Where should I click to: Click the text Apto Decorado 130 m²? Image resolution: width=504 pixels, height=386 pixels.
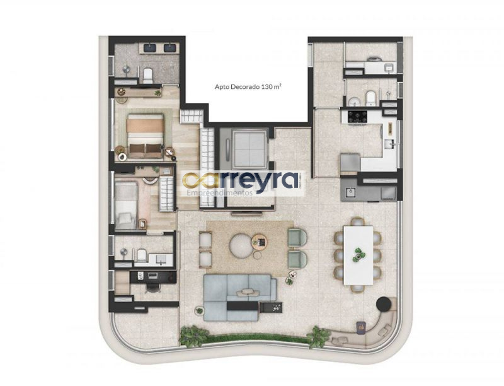click(248, 86)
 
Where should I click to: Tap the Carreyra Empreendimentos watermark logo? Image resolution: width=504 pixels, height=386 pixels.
click(243, 184)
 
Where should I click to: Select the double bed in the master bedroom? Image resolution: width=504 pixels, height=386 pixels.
click(145, 136)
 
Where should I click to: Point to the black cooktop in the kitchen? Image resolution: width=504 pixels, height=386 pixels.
click(358, 117)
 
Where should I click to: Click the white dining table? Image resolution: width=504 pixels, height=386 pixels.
click(358, 255)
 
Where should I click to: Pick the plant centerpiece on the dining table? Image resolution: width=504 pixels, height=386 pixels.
click(358, 254)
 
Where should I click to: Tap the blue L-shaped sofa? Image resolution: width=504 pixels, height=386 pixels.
click(240, 298)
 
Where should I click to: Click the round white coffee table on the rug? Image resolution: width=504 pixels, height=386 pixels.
click(240, 246)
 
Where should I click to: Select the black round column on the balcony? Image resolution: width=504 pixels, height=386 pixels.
click(384, 303)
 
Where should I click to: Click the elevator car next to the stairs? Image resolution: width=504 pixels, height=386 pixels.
click(249, 149)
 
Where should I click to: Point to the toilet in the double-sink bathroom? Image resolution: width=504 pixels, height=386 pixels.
click(148, 76)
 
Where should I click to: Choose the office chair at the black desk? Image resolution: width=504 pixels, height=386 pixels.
click(152, 287)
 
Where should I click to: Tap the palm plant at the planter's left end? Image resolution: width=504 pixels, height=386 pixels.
click(193, 336)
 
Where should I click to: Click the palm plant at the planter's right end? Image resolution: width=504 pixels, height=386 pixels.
click(318, 337)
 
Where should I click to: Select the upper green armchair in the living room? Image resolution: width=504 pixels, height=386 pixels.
click(297, 237)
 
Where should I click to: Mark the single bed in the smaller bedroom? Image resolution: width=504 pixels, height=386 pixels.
click(127, 205)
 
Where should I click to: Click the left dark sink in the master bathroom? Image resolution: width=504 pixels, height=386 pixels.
click(149, 48)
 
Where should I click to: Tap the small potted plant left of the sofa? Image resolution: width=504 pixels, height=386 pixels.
click(199, 311)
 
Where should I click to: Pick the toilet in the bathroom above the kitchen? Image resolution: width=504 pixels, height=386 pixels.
click(370, 98)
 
